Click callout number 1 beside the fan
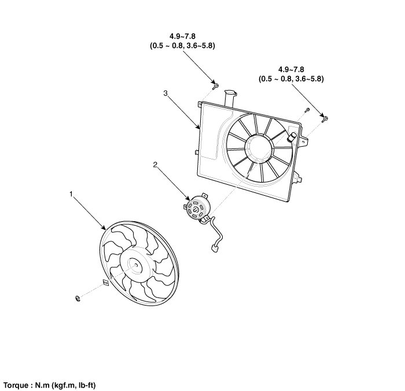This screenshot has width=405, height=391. click(71, 195)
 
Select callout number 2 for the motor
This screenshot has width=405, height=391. click(155, 164)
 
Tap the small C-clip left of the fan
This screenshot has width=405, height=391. click(78, 297)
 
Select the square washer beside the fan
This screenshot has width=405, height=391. click(105, 282)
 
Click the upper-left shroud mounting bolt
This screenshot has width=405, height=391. click(215, 87)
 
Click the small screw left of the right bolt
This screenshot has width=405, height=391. click(307, 110)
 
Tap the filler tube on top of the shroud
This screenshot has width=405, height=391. click(231, 96)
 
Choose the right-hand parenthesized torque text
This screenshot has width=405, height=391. click(291, 79)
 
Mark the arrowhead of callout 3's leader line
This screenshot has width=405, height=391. click(199, 127)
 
